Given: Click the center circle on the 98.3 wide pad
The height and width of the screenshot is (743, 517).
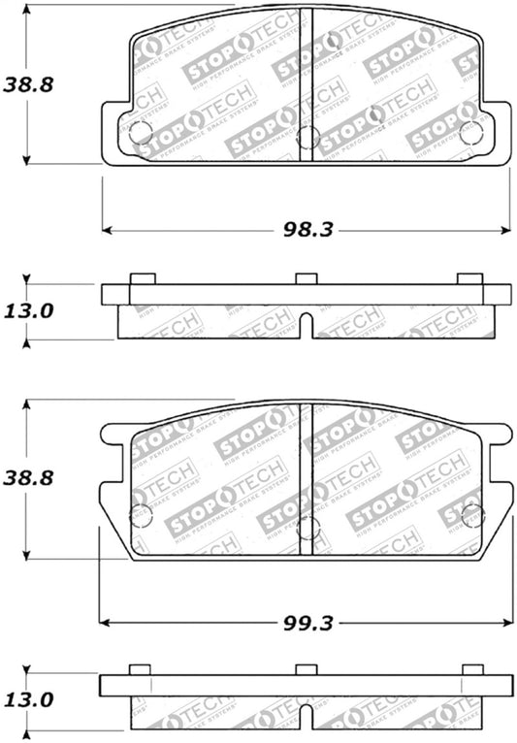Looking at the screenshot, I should click(x=307, y=138).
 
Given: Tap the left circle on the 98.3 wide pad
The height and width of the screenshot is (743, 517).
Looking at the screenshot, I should click(x=141, y=132).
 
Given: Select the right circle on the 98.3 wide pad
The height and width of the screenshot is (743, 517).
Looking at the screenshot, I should click(x=471, y=133).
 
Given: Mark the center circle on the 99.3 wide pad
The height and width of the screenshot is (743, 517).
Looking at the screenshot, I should click(x=307, y=529).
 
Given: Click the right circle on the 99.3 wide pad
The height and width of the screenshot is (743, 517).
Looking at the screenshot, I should click(x=472, y=516).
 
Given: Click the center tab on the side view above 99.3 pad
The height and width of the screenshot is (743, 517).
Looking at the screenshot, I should click(x=307, y=278).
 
